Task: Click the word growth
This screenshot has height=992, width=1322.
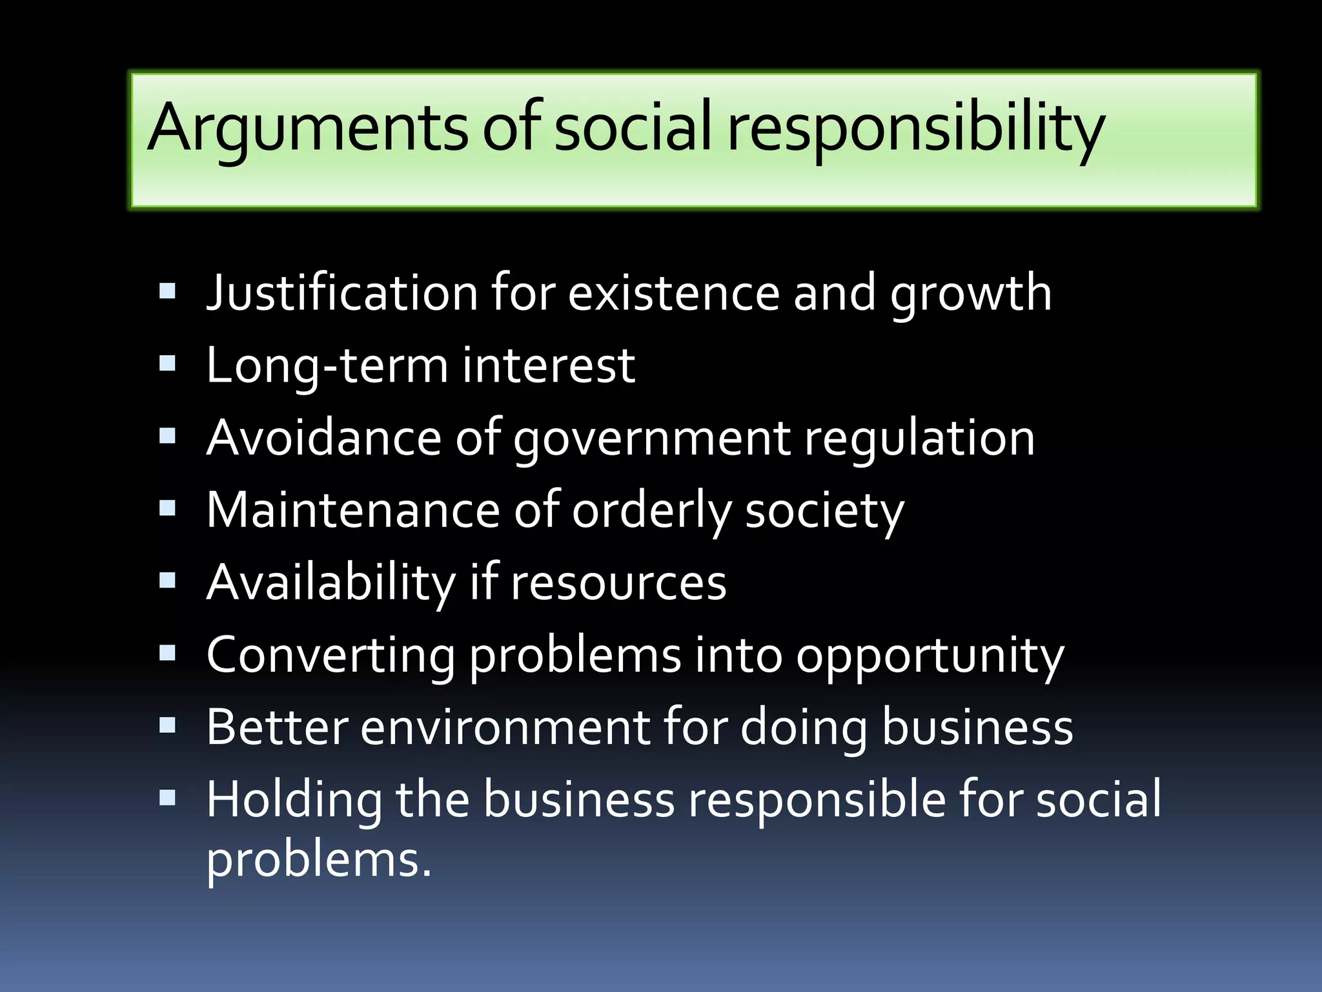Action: [x=971, y=293]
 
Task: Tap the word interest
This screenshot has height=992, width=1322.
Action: [x=549, y=366]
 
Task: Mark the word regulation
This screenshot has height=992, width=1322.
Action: [x=919, y=438]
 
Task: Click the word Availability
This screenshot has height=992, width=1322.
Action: [x=331, y=583]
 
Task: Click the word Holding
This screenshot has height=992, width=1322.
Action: [x=294, y=800]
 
